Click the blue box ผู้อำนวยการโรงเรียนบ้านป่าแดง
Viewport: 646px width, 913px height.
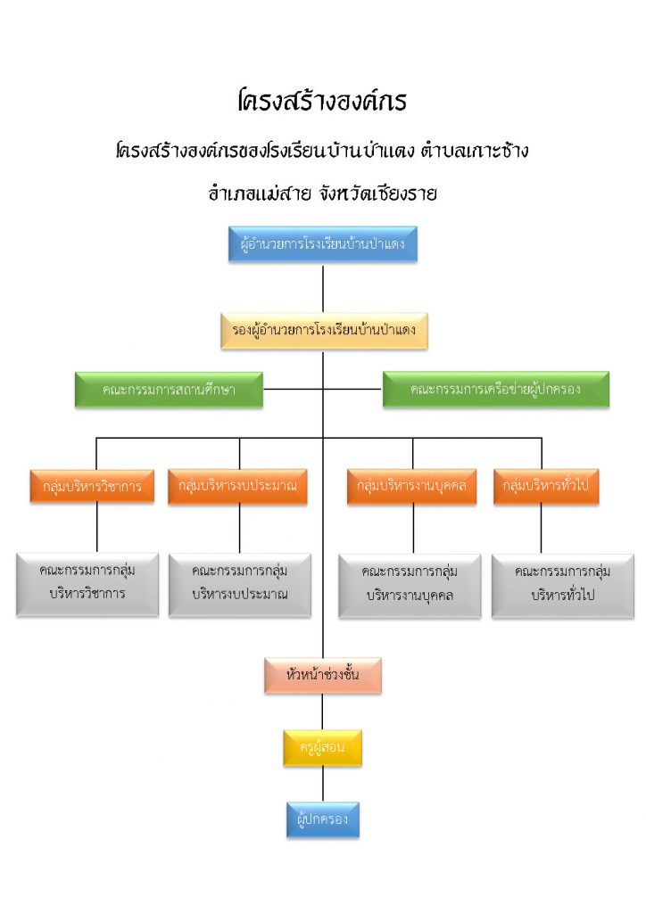tap(323, 244)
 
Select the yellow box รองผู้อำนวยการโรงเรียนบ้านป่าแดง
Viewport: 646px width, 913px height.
tap(324, 331)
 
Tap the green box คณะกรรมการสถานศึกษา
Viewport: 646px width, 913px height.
tap(169, 390)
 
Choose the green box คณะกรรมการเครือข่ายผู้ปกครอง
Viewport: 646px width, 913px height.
tap(496, 390)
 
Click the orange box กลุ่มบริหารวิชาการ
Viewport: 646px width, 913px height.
tap(92, 486)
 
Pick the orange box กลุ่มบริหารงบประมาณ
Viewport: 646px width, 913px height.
tap(237, 486)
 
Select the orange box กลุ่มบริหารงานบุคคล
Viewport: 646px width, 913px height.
tap(412, 486)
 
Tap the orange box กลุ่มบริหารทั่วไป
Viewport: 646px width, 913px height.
tap(546, 486)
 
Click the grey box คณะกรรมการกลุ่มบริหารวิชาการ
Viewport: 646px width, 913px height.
tap(87, 584)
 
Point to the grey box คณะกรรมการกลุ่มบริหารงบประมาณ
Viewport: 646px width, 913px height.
tap(240, 585)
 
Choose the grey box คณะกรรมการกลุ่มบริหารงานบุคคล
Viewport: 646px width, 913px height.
tap(410, 586)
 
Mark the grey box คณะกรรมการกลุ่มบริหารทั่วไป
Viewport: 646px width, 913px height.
tap(563, 586)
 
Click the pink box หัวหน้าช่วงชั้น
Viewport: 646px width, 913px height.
tap(323, 676)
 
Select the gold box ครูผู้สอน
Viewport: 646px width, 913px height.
tap(323, 748)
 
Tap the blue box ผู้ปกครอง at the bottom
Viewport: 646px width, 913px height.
tap(323, 820)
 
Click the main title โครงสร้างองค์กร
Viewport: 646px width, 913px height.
tap(322, 101)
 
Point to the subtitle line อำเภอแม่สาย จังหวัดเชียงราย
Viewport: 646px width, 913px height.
tap(323, 193)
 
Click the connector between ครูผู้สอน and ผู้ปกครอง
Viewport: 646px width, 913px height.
tap(323, 784)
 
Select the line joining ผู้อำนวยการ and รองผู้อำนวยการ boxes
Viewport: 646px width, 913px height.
tap(323, 288)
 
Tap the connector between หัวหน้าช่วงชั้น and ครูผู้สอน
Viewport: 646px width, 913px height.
tap(323, 711)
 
